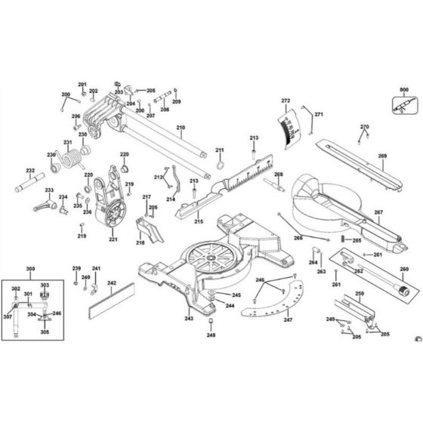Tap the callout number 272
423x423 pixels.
point(286,101)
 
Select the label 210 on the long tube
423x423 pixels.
point(181,128)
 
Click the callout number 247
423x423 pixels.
point(287,320)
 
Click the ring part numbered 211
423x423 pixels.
point(220,166)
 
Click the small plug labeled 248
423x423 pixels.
point(211,322)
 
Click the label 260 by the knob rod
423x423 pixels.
point(404,270)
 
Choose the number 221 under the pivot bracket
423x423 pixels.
point(113,240)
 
